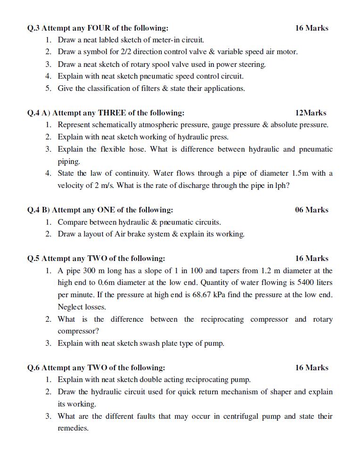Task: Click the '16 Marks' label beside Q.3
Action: [x=311, y=28]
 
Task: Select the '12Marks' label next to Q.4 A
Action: [x=311, y=113]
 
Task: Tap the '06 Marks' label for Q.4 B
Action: [x=311, y=210]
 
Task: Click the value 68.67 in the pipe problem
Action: [x=270, y=295]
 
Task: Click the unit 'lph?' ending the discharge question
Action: [x=282, y=186]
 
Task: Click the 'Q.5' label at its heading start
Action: [x=33, y=259]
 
